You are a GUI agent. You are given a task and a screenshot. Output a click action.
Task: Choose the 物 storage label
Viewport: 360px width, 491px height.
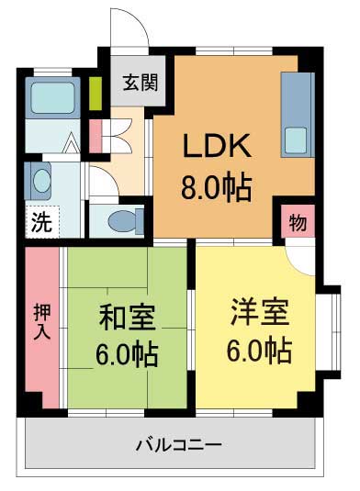click(298, 223)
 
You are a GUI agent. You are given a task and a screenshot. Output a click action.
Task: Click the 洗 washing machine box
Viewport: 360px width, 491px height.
click(42, 220)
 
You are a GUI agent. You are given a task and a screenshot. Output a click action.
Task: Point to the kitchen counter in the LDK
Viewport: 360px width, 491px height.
click(298, 114)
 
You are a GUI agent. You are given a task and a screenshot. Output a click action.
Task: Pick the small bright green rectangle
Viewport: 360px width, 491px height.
click(96, 94)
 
